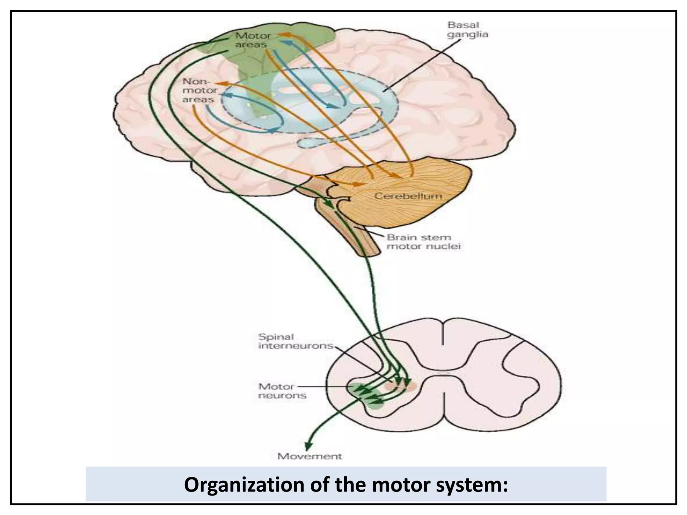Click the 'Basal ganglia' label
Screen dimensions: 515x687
[468, 30]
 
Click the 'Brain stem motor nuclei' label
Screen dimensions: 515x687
[424, 242]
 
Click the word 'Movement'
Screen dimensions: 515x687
[310, 456]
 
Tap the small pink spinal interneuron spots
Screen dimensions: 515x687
[401, 386]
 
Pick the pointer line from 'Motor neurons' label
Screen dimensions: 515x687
[322, 387]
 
